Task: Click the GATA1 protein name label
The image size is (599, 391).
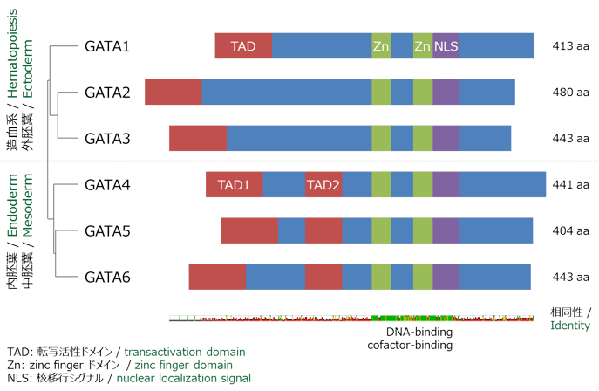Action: click(x=107, y=46)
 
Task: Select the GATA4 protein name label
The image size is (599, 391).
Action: click(x=107, y=184)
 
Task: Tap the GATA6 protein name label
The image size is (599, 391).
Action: click(x=107, y=277)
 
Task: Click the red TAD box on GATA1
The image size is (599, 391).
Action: click(x=243, y=46)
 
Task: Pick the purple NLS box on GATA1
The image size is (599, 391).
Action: click(x=446, y=46)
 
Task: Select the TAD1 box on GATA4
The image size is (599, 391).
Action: click(x=234, y=185)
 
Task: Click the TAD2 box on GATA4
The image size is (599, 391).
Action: click(x=323, y=185)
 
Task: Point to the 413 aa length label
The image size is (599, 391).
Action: click(x=571, y=46)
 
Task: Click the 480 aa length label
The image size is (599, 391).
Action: click(x=571, y=93)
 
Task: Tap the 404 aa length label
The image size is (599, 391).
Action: click(x=571, y=231)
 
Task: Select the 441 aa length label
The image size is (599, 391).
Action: click(x=571, y=185)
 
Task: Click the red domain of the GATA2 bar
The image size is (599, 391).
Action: click(x=174, y=93)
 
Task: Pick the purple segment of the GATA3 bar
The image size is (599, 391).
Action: click(x=446, y=139)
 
